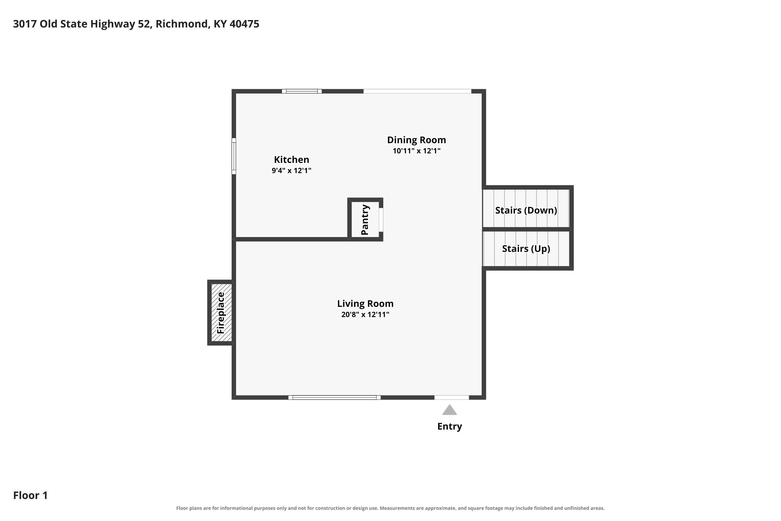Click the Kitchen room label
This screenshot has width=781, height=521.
pyautogui.click(x=291, y=160)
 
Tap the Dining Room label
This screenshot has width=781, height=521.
pyautogui.click(x=416, y=140)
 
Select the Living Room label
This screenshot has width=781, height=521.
pyautogui.click(x=365, y=304)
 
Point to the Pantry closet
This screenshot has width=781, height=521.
pyautogui.click(x=365, y=220)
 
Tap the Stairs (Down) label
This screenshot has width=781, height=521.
pyautogui.click(x=526, y=210)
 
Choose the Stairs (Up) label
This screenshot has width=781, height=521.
pyautogui.click(x=526, y=249)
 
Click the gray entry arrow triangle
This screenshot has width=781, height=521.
pyautogui.click(x=449, y=410)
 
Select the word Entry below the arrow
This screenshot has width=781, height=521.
pyautogui.click(x=450, y=426)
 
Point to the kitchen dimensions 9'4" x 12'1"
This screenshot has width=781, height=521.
pyautogui.click(x=291, y=170)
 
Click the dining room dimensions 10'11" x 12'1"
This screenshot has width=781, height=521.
pyautogui.click(x=416, y=151)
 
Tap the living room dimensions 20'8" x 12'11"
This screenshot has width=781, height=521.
pyautogui.click(x=365, y=314)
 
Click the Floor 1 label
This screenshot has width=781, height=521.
pyautogui.click(x=30, y=495)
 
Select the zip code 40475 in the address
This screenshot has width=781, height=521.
pyautogui.click(x=244, y=24)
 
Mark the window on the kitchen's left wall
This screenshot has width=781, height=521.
pyautogui.click(x=234, y=156)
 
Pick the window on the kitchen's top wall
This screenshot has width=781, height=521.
pyautogui.click(x=302, y=91)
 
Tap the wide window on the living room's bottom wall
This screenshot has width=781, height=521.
pyautogui.click(x=334, y=398)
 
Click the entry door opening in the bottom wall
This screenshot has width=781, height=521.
pyautogui.click(x=452, y=398)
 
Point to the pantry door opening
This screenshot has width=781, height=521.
pyautogui.click(x=381, y=220)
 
